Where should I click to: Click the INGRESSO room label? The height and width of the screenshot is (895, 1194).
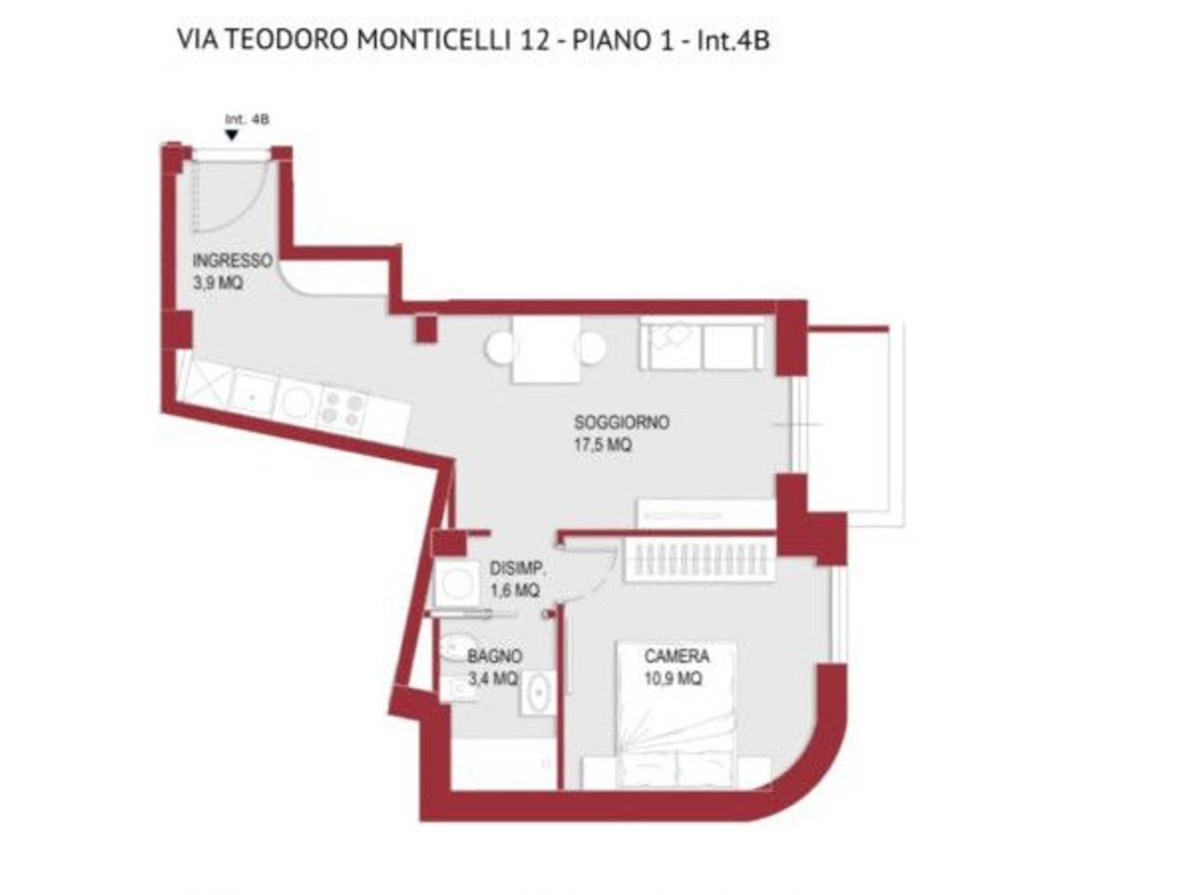coord(232,260)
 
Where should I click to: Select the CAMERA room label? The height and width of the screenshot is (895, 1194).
coord(676,656)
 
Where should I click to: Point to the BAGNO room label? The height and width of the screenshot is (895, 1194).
coord(494,656)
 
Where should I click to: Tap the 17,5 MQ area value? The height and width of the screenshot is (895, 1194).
coord(603,446)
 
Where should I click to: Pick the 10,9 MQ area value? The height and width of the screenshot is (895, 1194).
coord(673,679)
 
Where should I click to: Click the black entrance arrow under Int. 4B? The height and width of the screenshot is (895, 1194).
coord(232,135)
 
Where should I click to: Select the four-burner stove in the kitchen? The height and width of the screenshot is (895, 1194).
coord(343,408)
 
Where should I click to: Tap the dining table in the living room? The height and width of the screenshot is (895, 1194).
coord(546,350)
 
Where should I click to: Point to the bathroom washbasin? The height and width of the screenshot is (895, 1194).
coord(539,694)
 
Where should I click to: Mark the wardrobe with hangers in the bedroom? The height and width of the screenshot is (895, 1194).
coord(699,559)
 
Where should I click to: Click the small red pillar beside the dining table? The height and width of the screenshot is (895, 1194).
coord(426,329)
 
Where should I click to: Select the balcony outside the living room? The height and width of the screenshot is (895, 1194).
coord(849,420)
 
